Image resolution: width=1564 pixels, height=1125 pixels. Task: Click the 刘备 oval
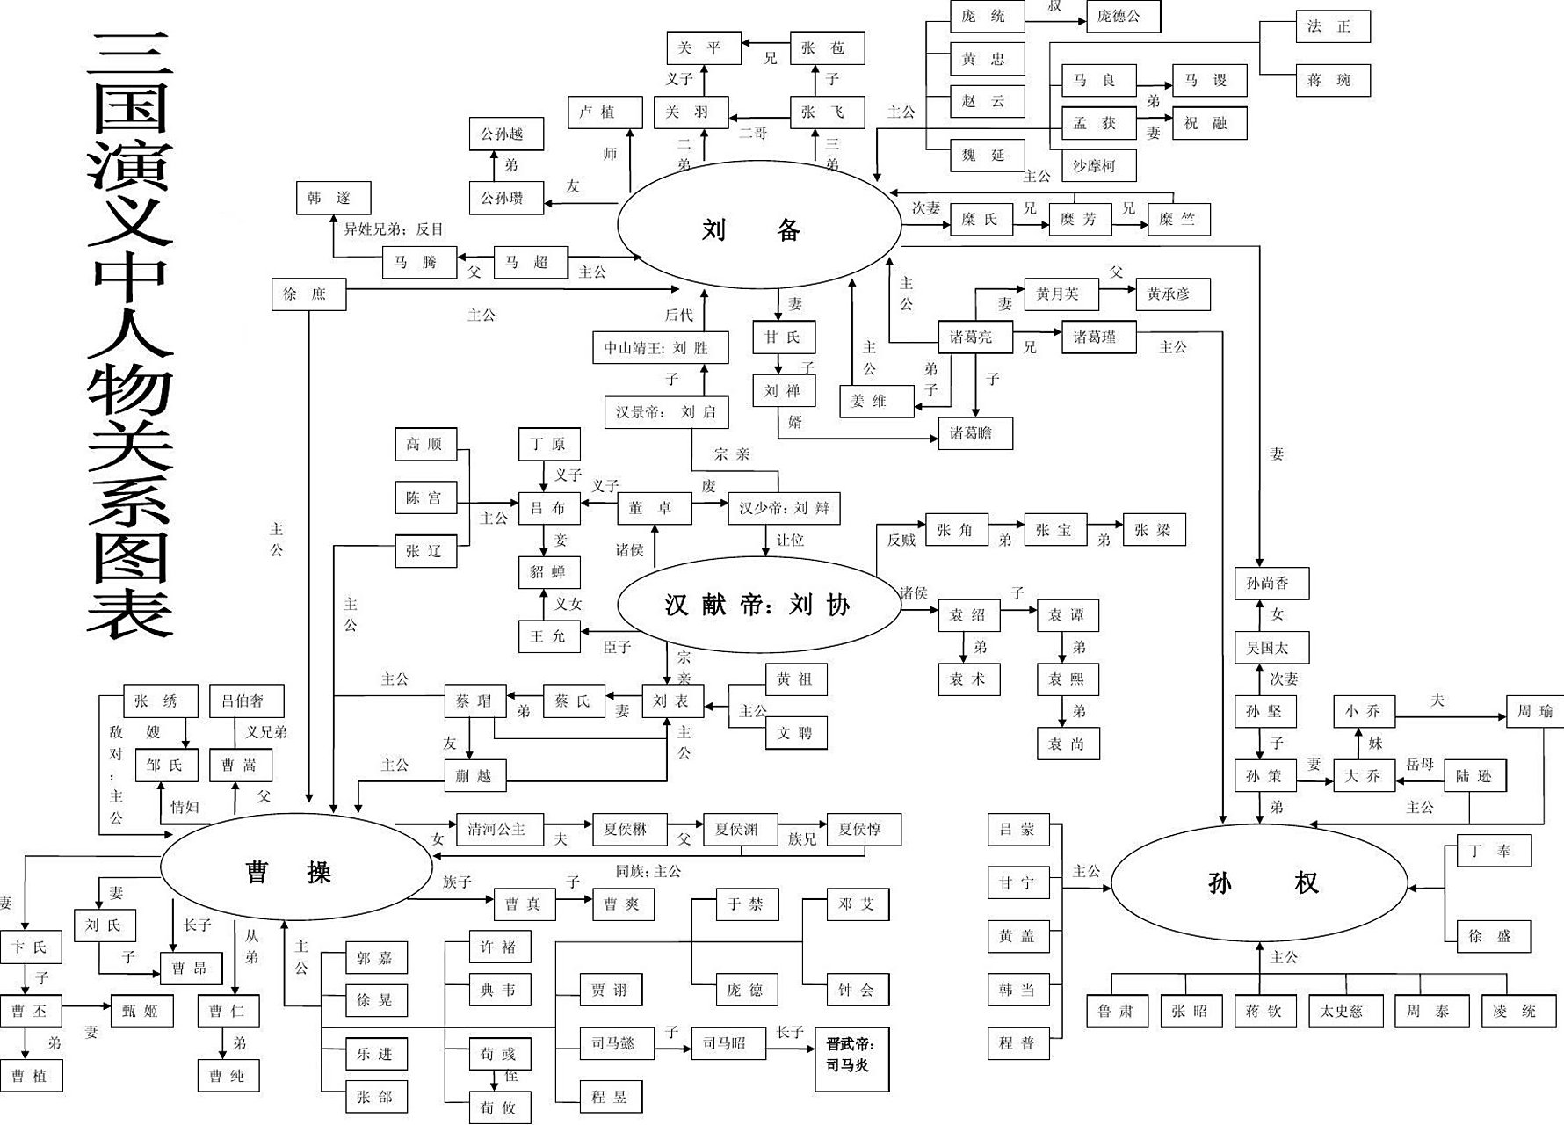point(759,226)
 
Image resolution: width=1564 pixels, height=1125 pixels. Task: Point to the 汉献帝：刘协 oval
point(758,605)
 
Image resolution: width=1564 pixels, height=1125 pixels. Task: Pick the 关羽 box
point(691,112)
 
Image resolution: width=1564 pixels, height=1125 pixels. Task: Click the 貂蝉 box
point(548,572)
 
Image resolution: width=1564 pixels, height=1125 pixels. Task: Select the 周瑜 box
point(1534,711)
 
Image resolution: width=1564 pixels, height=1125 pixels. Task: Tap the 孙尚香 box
point(1271,583)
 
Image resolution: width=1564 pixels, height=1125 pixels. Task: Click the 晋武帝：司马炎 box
point(851,1058)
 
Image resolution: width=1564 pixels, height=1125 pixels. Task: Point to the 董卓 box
point(655,508)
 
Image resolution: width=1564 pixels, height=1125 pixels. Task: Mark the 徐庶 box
point(308,294)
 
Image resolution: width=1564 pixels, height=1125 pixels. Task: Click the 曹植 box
point(32,1075)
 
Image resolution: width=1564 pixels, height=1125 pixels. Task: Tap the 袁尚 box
point(1068,744)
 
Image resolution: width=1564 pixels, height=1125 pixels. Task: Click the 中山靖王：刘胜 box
point(661,347)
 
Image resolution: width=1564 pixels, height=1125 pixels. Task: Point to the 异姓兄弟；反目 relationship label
point(394,229)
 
